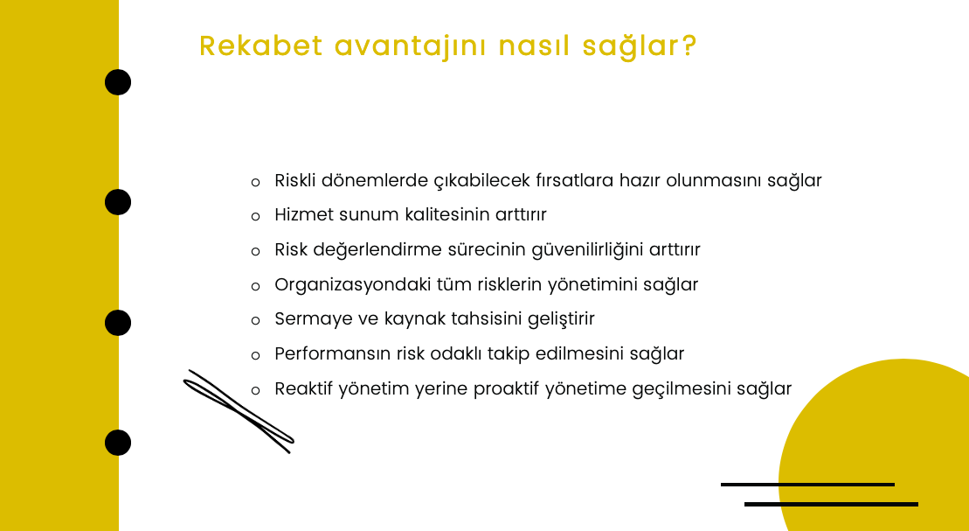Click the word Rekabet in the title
260,45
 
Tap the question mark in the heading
689,45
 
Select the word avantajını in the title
411,47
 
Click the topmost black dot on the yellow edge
118,82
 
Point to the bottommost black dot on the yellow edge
118,443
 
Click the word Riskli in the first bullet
294,180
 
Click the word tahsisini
487,318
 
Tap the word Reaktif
304,388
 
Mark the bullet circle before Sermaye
256,320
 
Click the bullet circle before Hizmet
256,217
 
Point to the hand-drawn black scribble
239,411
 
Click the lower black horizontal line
831,505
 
